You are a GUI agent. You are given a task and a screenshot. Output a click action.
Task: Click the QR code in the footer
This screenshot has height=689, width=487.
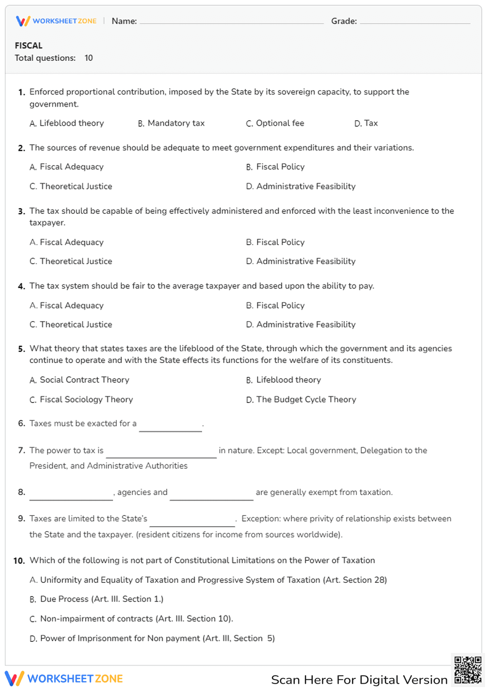point(468,670)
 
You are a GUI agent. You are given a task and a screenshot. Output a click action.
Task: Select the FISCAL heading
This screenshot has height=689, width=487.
point(29,46)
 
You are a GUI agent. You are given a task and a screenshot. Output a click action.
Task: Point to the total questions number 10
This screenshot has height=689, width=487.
point(89,58)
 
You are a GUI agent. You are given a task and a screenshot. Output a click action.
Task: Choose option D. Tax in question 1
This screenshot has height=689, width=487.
point(366,123)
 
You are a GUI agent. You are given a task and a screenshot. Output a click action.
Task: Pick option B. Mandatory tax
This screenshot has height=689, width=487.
point(171,123)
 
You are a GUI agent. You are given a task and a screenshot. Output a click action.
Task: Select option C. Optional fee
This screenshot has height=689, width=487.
point(275,123)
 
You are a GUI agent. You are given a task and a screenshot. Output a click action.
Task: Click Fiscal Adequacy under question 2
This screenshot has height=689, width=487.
point(67,167)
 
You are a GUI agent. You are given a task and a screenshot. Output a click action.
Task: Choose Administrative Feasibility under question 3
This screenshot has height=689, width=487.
point(301,262)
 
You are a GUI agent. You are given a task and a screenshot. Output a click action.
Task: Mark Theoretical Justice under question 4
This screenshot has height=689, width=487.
point(71,325)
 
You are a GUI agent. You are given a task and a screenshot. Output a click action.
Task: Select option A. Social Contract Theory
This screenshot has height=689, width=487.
point(79,380)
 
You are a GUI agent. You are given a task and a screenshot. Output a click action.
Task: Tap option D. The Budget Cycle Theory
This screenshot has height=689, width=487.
point(301,400)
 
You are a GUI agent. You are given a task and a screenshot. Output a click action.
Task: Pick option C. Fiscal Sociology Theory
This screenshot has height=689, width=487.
point(81,400)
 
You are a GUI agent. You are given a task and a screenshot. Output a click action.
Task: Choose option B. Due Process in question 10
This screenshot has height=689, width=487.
point(96,599)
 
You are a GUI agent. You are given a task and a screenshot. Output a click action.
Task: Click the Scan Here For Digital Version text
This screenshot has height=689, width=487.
point(359,680)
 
